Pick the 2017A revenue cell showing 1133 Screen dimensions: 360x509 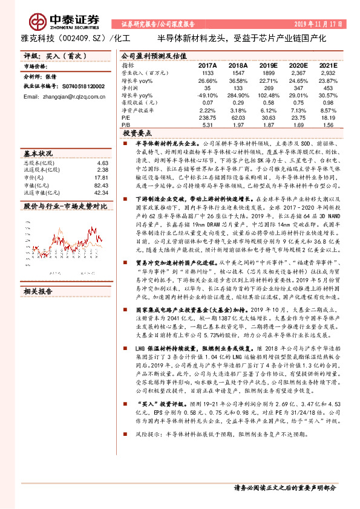pos(207,73)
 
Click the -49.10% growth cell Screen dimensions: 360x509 pos(207,96)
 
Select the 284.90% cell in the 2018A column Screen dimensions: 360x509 pos(238,96)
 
